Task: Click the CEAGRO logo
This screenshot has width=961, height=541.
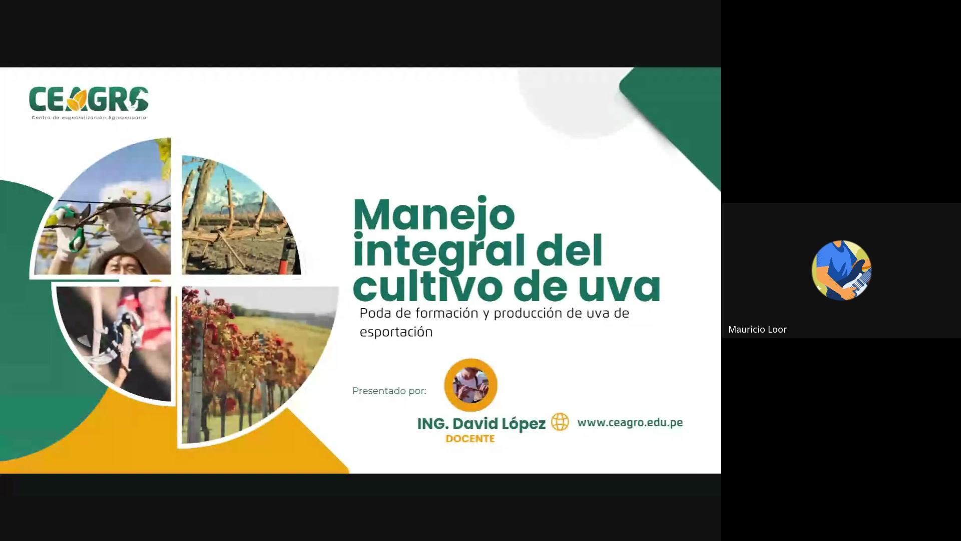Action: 89,99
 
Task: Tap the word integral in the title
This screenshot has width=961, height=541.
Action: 438,250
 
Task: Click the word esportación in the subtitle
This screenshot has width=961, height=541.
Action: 396,332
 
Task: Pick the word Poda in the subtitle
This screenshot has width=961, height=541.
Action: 374,313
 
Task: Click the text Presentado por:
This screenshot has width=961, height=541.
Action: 389,391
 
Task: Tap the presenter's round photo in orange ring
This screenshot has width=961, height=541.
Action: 470,385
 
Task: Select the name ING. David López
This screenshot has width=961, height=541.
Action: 481,424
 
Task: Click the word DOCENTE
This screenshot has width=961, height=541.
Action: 470,439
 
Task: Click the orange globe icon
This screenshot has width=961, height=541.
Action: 560,422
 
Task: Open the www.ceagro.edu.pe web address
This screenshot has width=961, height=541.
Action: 630,422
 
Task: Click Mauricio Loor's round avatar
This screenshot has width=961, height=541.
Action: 841,270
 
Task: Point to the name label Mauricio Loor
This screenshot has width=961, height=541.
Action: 757,329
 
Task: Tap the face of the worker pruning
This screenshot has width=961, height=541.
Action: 119,263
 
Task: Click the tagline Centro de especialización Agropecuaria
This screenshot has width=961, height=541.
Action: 89,118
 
